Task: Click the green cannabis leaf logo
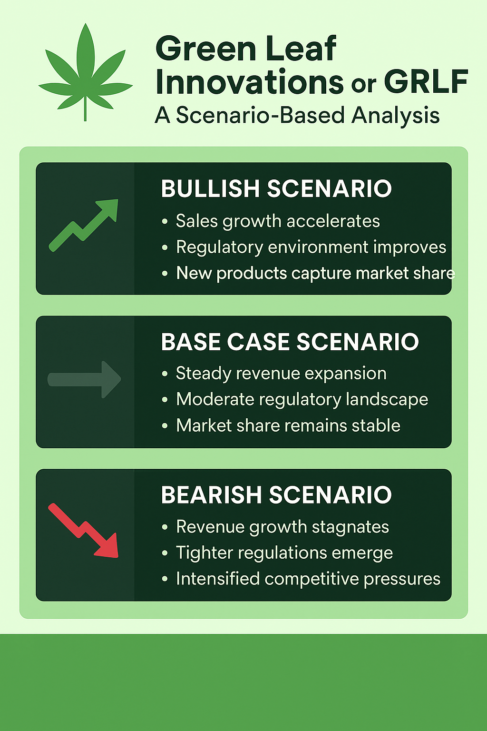point(86,71)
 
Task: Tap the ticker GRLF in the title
point(426,82)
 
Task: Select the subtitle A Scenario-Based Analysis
point(297,116)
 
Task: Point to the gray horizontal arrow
point(85,379)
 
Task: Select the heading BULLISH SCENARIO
point(276,188)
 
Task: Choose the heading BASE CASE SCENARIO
point(290,342)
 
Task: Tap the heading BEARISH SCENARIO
point(276,495)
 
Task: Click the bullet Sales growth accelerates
point(278,221)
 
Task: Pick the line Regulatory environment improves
point(311,247)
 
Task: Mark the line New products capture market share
point(315,273)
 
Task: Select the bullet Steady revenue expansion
point(281,374)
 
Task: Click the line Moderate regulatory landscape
point(302,399)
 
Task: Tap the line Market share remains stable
point(288,425)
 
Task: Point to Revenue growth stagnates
point(282,527)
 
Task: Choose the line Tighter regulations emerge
point(284,553)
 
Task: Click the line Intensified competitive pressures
point(308,579)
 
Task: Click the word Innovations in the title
point(249,82)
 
